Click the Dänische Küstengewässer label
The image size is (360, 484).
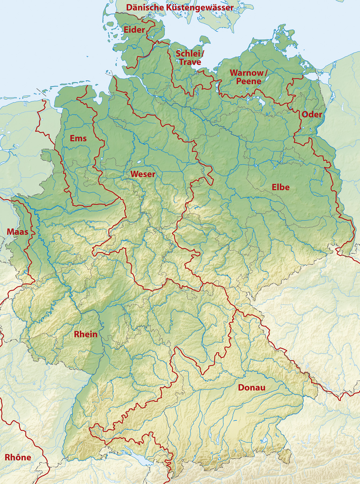point(180,8)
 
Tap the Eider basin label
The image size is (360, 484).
point(134,30)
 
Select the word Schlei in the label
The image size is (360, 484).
point(188,54)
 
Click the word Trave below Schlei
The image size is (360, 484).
point(190,62)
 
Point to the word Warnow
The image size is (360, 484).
point(247,73)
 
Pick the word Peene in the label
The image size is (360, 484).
point(248,81)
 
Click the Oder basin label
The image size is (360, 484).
point(312,115)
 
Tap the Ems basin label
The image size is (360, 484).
point(78,138)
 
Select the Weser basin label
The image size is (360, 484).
point(143,174)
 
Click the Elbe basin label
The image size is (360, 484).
point(280,187)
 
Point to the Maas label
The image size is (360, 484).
point(17,232)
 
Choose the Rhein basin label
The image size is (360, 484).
point(85,334)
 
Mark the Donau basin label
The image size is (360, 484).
point(252,387)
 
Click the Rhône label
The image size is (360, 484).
point(18,457)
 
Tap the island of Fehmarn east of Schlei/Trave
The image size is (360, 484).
point(206,40)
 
